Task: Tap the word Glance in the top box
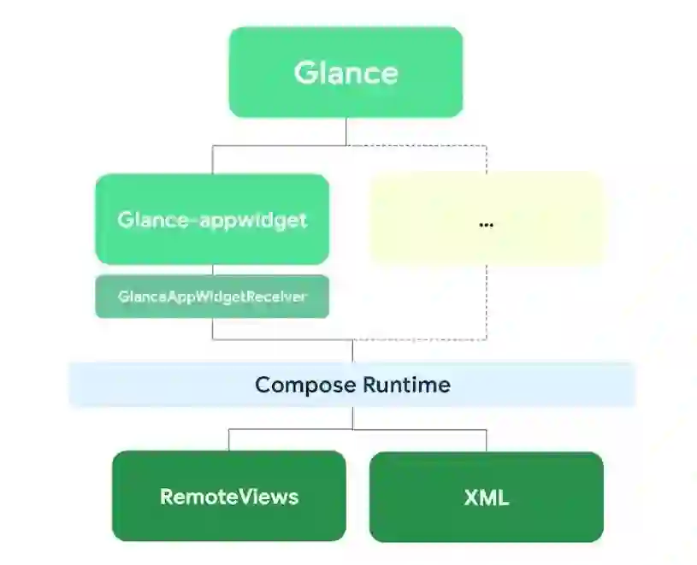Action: (x=346, y=73)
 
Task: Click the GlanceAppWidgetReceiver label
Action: (x=212, y=297)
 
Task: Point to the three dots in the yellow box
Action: (x=486, y=225)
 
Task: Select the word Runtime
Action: (x=406, y=385)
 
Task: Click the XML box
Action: (x=486, y=517)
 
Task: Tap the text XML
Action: (x=486, y=497)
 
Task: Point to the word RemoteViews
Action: (x=228, y=497)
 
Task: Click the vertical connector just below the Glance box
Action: (x=346, y=131)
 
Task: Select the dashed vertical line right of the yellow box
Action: (x=487, y=299)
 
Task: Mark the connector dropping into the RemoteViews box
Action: (x=228, y=439)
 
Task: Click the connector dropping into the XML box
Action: (x=487, y=439)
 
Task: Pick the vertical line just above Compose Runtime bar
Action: (x=352, y=351)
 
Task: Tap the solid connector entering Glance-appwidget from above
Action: (x=213, y=160)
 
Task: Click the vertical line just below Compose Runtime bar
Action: (x=352, y=417)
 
